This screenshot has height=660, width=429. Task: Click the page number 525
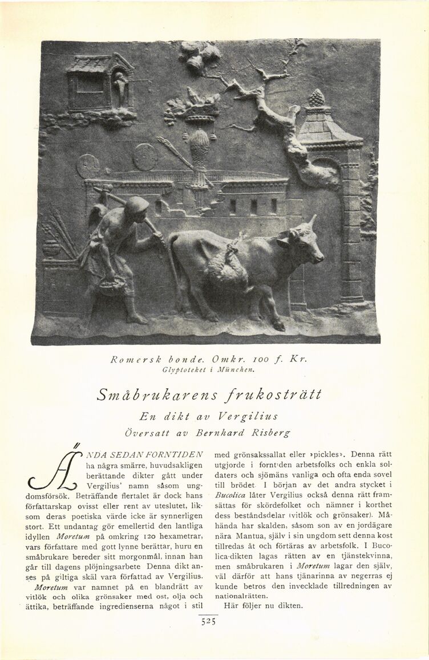point(208,622)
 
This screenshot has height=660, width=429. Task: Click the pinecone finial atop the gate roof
point(317,98)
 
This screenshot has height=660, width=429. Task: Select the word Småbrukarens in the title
point(150,394)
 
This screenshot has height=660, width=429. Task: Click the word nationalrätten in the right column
point(236,596)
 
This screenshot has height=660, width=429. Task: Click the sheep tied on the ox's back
point(228,265)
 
